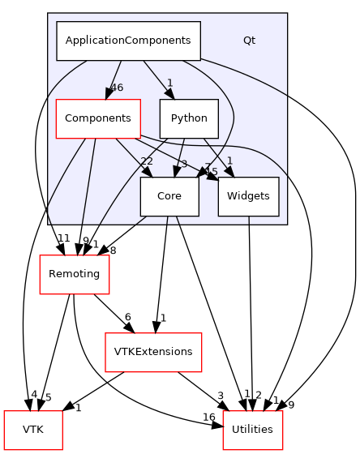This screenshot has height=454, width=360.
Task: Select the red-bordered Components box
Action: pyautogui.click(x=97, y=118)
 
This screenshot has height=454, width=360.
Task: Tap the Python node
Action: pyautogui.click(x=189, y=118)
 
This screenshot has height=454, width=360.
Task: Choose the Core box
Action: pyautogui.click(x=169, y=196)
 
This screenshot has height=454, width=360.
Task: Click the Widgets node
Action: pyautogui.click(x=248, y=196)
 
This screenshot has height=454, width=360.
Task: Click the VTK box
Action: pyautogui.click(x=33, y=430)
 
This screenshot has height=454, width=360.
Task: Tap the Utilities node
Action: pyautogui.click(x=252, y=430)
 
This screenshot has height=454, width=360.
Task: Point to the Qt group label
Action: pyautogui.click(x=249, y=41)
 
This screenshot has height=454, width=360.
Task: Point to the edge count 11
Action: pyautogui.click(x=63, y=237)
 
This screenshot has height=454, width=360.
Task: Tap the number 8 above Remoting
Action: pyautogui.click(x=113, y=251)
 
